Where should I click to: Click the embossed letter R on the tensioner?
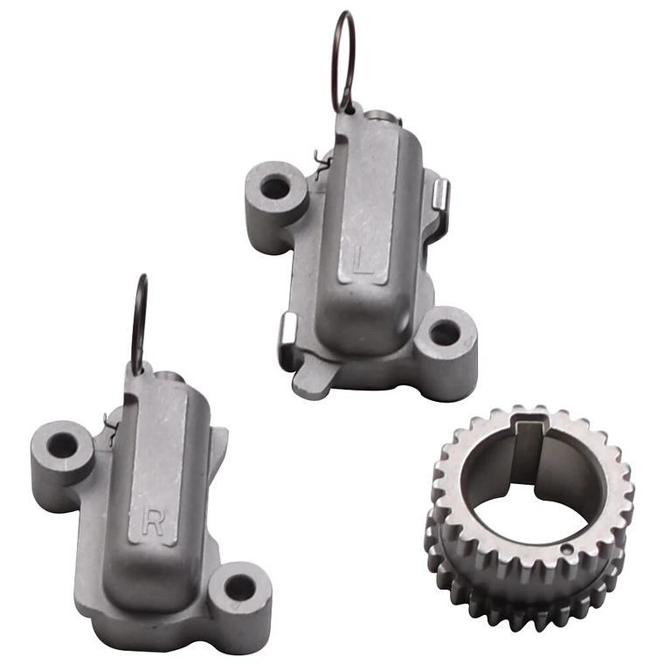click(x=153, y=522)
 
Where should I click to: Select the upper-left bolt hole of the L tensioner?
click(x=274, y=186)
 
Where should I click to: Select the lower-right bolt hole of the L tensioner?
click(x=444, y=333)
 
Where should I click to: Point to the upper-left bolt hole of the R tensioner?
click(x=63, y=446)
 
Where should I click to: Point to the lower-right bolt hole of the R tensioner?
click(x=240, y=587)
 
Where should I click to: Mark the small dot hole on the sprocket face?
click(x=567, y=550)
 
